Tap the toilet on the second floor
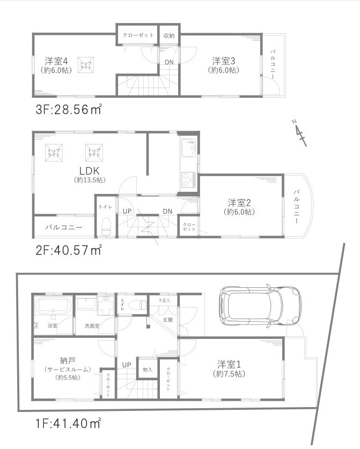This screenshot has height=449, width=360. (x=105, y=226)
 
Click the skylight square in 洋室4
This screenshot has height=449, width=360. (x=85, y=64)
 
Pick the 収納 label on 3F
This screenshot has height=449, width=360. (x=168, y=35)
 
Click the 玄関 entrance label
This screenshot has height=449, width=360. (x=167, y=320)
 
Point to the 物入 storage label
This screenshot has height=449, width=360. (x=148, y=370)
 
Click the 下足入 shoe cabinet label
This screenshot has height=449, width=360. (x=164, y=300)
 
